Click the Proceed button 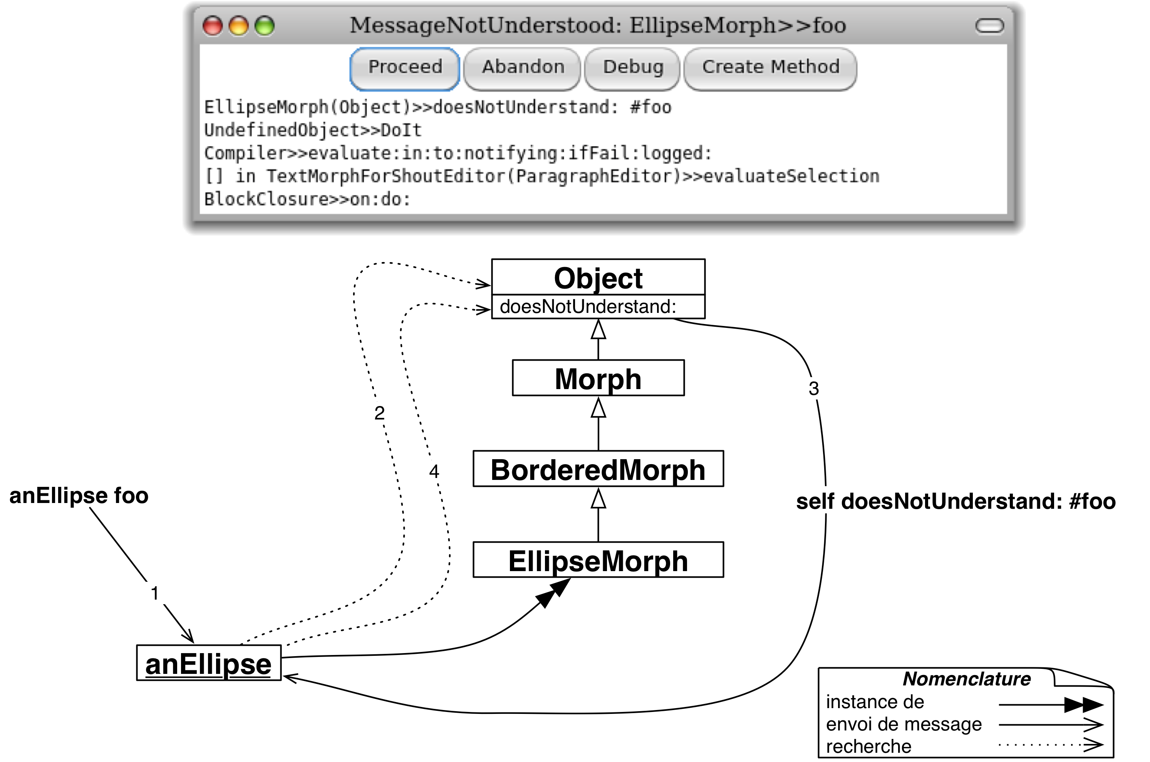coord(404,67)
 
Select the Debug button coord(633,67)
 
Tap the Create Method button coord(770,67)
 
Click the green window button coord(265,26)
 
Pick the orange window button coord(239,26)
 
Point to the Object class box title coord(598,278)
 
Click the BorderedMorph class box coord(598,470)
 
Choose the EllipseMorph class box coord(598,560)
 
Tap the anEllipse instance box coord(209,664)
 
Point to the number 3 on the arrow coord(813,388)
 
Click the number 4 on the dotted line coord(434,471)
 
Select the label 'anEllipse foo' coord(79,496)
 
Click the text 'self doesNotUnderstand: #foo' coord(956,501)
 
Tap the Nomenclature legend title coord(966,679)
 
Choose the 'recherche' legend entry coord(868,746)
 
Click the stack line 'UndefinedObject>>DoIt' coord(313,130)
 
